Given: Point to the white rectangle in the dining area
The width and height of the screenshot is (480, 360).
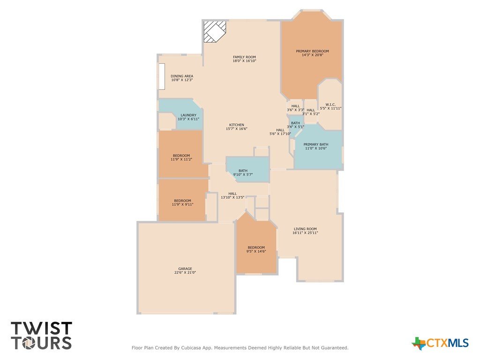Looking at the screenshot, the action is [162, 76].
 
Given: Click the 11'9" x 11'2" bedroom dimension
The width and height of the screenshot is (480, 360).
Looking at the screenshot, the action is [181, 159].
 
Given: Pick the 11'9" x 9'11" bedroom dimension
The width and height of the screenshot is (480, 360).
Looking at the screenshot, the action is [182, 204].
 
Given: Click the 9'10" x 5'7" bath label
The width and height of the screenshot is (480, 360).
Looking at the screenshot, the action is [243, 172].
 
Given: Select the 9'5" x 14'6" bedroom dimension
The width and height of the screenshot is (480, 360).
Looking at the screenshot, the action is [256, 251].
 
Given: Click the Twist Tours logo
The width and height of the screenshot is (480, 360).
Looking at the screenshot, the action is [41, 336].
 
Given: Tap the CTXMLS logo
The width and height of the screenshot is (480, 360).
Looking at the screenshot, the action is [440, 343].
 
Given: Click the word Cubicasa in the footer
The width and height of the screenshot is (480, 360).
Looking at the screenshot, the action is [192, 348].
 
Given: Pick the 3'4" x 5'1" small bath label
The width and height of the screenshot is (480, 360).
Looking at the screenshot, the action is [295, 125].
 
